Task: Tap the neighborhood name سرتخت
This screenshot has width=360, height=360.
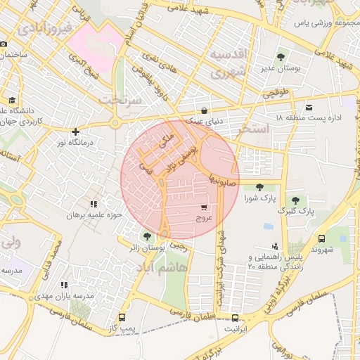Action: click(121, 100)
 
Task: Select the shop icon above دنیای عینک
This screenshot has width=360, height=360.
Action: click(204, 110)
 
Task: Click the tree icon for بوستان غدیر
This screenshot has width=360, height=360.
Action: click(281, 57)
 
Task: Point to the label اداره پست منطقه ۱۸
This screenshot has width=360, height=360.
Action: click(309, 117)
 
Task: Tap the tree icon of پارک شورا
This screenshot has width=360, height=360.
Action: click(261, 187)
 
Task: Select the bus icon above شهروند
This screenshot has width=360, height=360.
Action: click(321, 239)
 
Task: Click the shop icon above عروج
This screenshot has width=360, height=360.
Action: click(204, 208)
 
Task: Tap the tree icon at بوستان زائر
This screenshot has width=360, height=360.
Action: click(146, 236)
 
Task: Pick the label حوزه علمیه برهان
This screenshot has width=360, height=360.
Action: click(94, 215)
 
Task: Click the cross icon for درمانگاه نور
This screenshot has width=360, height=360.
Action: click(75, 131)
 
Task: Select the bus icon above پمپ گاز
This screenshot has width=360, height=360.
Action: click(123, 317)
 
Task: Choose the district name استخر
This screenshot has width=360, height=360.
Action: click(253, 129)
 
